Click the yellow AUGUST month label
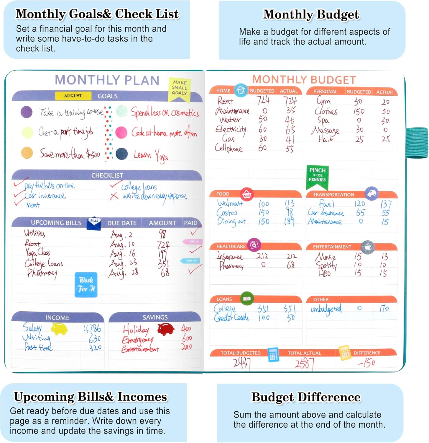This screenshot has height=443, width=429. pos(73,96)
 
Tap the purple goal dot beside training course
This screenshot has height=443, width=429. pos(27,112)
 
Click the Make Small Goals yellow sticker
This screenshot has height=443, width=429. pos(180,88)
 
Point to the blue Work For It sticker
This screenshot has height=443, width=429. pos(86,284)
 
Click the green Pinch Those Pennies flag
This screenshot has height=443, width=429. pos(317,176)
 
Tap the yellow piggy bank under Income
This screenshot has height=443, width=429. pos(60,328)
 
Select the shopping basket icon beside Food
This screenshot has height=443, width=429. pos(246,194)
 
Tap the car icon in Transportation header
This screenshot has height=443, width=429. pos(372,193)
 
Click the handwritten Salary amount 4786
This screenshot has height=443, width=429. pos(92,328)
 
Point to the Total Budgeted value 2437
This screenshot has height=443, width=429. pos(242,363)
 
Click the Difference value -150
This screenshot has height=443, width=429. pos(366,363)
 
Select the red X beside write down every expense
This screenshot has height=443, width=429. pos(114,196)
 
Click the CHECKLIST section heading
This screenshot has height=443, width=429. pos(107,175)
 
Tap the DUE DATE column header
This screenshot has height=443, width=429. pos(122,223)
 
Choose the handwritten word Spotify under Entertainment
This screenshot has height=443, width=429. pos(326,265)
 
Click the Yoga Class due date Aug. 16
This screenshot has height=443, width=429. pos(122,253)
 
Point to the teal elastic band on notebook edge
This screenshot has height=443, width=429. pos(417,143)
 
